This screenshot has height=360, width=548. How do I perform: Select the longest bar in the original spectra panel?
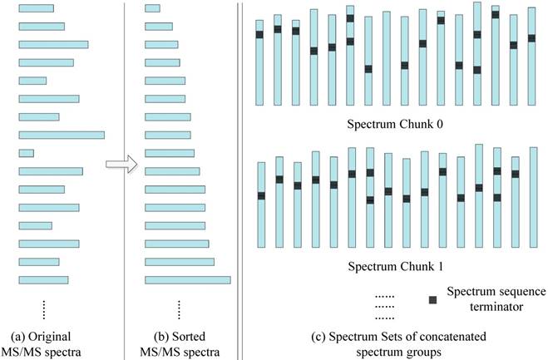(62, 135)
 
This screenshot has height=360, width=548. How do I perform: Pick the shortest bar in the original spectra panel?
(26, 153)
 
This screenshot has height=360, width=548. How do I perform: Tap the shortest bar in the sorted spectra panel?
(152, 8)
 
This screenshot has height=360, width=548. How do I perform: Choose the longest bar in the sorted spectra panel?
(187, 280)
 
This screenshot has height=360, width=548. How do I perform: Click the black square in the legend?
(432, 298)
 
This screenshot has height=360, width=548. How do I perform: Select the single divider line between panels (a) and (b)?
(125, 179)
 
